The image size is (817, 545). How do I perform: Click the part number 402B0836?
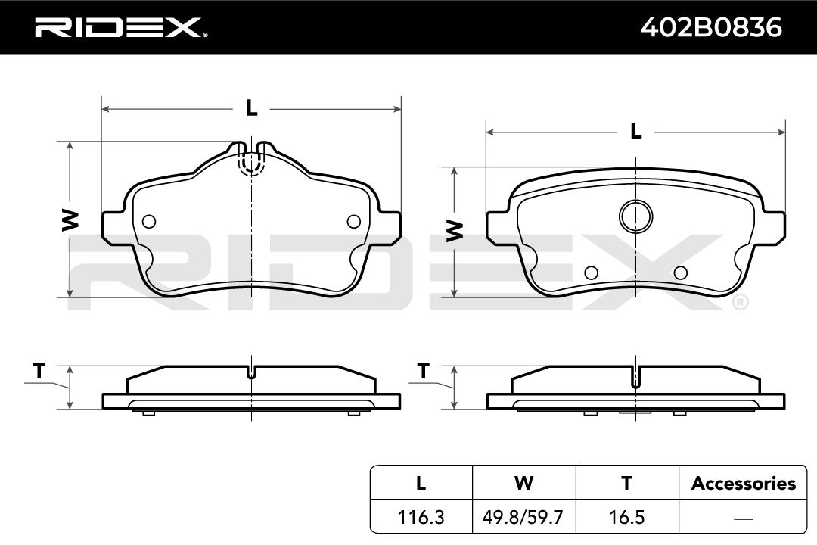click(x=711, y=27)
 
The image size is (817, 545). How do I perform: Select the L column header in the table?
click(x=421, y=483)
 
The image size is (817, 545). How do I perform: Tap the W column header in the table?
click(x=523, y=483)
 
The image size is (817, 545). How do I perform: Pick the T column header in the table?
click(x=627, y=483)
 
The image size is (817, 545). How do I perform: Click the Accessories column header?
click(x=744, y=484)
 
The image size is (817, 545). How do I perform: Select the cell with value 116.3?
click(x=421, y=517)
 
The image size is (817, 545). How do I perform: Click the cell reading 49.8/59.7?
click(x=523, y=517)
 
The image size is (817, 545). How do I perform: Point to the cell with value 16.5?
click(x=627, y=517)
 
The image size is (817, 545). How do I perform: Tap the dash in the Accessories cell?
click(x=744, y=519)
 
